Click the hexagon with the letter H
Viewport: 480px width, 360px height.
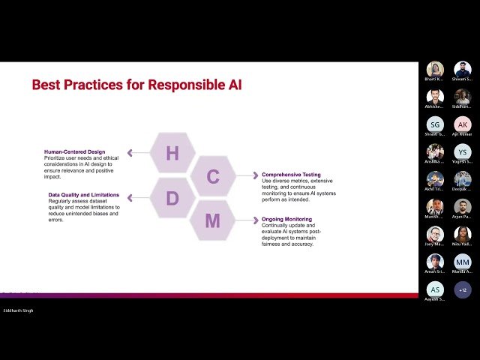pos(172,153)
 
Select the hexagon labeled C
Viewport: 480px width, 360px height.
pos(213,176)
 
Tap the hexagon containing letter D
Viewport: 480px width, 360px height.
pos(172,199)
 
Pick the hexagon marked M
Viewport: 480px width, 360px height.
pos(213,220)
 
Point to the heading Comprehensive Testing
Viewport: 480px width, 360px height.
pos(291,175)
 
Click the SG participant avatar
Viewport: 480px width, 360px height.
pos(435,124)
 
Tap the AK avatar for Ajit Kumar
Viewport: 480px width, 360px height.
pos(463,124)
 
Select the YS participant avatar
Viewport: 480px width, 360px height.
pos(463,151)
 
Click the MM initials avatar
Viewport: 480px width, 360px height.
pos(463,262)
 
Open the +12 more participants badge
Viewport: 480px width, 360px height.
pos(463,289)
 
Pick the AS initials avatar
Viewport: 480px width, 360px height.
pos(435,289)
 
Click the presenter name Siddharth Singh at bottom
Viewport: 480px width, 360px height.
pos(18,310)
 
